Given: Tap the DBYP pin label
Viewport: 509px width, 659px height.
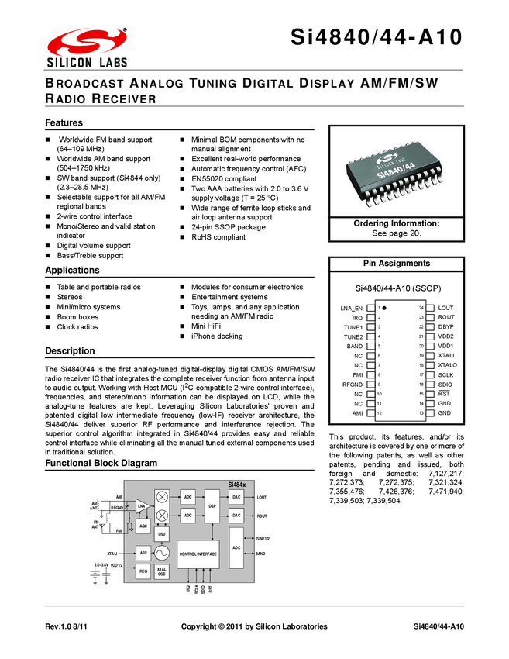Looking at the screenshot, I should tap(445, 326).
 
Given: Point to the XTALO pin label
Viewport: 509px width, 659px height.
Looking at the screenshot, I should tap(448, 364).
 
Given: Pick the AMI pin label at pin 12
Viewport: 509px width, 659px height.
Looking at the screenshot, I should tap(357, 413).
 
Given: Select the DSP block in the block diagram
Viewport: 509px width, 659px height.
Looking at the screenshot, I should tap(212, 505).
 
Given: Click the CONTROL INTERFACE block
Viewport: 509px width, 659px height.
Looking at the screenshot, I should tap(198, 554).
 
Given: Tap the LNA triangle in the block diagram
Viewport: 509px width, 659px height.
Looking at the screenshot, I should tap(143, 507).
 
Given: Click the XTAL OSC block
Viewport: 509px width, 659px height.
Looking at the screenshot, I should tap(162, 572).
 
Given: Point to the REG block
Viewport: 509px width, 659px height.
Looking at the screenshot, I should tap(143, 572).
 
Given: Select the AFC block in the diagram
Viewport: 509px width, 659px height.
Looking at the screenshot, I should tap(143, 553).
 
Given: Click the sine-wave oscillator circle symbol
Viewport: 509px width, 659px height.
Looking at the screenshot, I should tap(162, 553).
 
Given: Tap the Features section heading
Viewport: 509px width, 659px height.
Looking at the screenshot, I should tap(64, 123).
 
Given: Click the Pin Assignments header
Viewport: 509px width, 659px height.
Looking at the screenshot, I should tap(397, 264).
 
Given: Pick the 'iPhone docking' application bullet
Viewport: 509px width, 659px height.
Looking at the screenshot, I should tap(217, 336).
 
